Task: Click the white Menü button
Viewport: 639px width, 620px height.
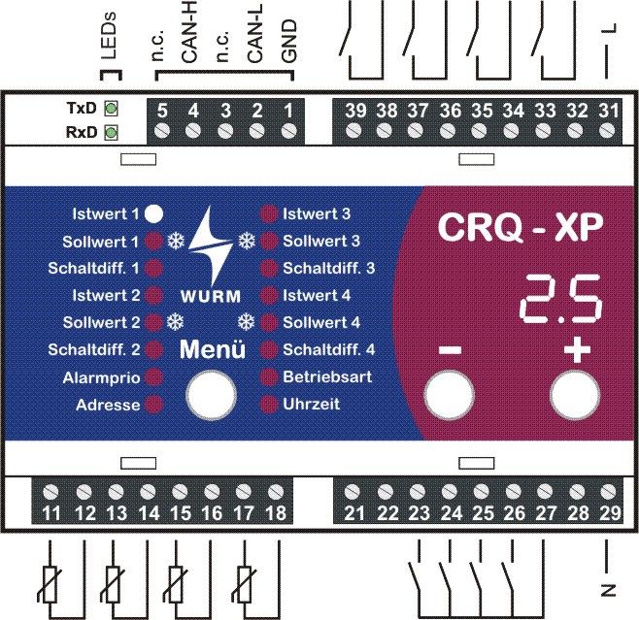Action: [211, 395]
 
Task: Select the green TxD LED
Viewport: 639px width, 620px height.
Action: [111, 108]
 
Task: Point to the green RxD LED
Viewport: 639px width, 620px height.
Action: [111, 132]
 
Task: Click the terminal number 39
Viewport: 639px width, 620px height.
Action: [354, 110]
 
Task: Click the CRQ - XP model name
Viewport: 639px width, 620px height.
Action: [521, 227]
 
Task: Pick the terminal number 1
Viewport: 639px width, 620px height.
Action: [287, 110]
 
